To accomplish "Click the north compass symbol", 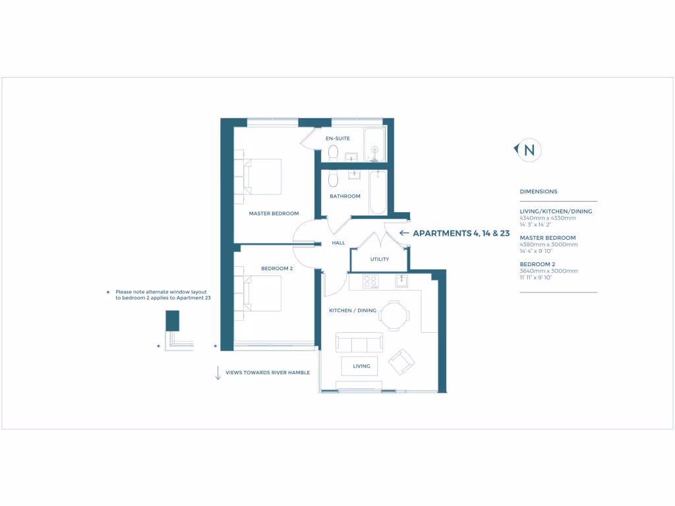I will click(528, 150).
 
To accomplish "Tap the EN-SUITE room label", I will click(337, 138).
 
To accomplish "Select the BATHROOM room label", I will click(345, 196).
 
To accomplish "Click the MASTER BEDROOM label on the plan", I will click(274, 213).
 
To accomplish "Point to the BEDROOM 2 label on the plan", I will click(277, 268).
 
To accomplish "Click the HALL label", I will click(338, 243).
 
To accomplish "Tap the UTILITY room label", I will click(379, 259).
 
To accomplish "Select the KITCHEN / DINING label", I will click(353, 310).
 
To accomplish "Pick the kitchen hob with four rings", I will click(370, 281).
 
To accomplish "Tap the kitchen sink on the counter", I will click(402, 281).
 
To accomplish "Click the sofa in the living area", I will click(359, 343).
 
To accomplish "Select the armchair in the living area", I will click(401, 362).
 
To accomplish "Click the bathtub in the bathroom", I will click(378, 192).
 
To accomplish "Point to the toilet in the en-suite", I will click(334, 153).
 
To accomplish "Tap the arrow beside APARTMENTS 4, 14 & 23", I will click(404, 233).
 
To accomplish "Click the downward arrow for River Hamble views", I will click(218, 372).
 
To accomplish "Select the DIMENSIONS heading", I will click(539, 192).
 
